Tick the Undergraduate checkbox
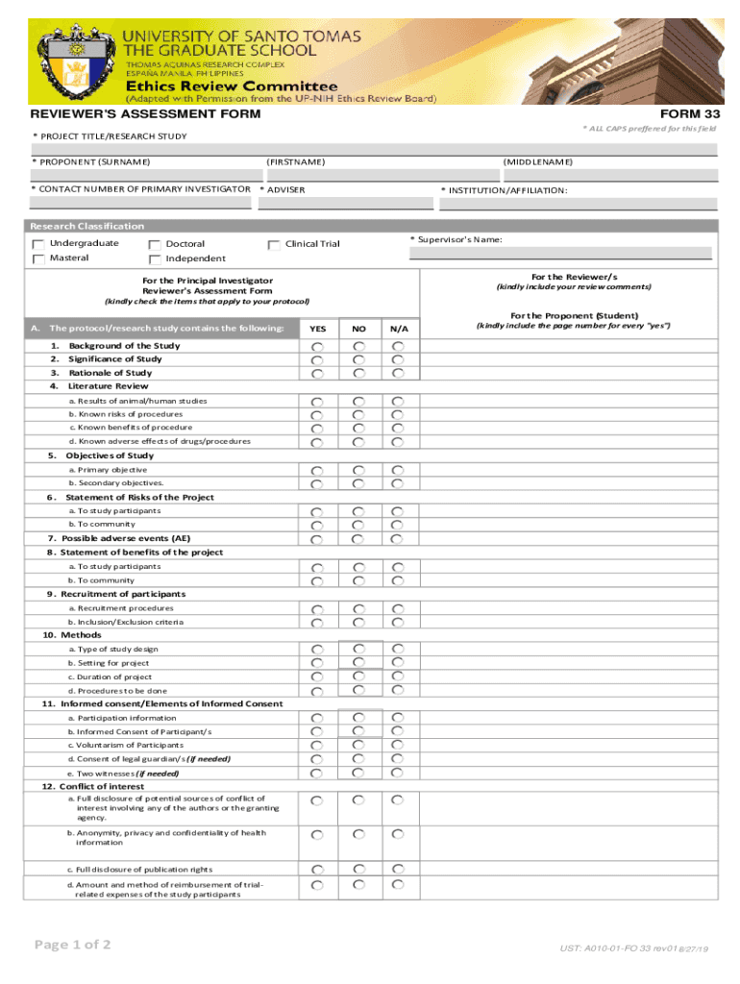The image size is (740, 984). point(38,244)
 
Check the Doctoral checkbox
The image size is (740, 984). point(155,244)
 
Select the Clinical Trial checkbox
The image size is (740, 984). point(275,244)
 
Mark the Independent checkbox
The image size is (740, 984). point(155,258)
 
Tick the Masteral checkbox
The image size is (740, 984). point(38,258)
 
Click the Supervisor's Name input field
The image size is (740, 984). point(560,254)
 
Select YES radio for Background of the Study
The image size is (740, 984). point(316,346)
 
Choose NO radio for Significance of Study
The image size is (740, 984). point(358,359)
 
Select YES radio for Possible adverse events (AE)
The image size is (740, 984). point(316,539)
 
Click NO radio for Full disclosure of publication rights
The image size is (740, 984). point(358,870)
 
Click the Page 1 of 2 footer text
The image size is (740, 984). point(73,946)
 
